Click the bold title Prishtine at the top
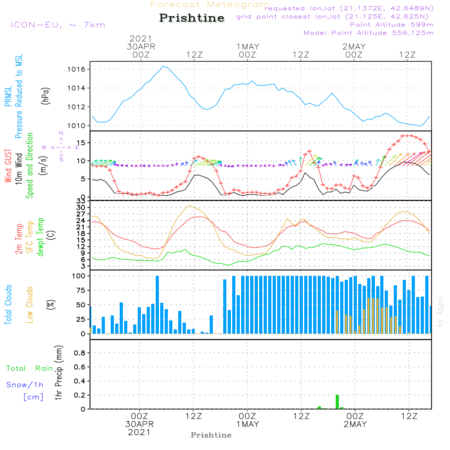coord(192,18)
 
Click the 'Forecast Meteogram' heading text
coord(210,5)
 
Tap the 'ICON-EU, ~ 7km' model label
coord(58,25)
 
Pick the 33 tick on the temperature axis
coord(81,201)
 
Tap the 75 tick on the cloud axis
coord(80,290)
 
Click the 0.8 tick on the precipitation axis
coord(79,353)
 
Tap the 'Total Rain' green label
coord(29,369)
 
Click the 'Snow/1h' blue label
coord(25,385)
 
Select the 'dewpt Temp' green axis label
coord(40,237)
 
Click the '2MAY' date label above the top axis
coord(354,47)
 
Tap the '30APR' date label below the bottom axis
coord(139,424)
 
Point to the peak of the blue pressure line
coord(164,67)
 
